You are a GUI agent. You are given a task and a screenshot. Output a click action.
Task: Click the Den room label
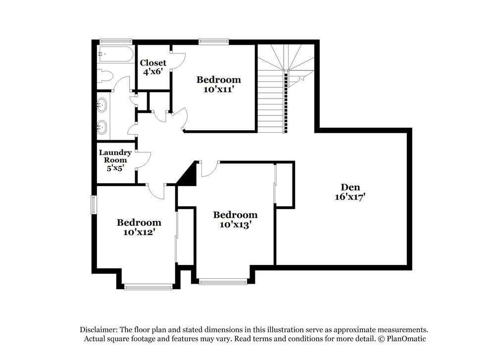pyautogui.click(x=350, y=187)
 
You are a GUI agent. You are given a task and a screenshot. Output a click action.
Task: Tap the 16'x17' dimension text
pyautogui.click(x=350, y=197)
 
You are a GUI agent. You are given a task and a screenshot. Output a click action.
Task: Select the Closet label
pyautogui.click(x=153, y=62)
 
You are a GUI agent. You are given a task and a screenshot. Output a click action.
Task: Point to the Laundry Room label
pyautogui.click(x=115, y=156)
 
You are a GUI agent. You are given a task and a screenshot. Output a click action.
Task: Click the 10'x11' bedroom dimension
pyautogui.click(x=218, y=89)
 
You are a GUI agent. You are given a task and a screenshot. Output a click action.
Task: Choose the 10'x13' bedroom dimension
pyautogui.click(x=235, y=224)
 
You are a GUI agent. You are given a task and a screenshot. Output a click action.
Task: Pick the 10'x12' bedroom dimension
pyautogui.click(x=139, y=232)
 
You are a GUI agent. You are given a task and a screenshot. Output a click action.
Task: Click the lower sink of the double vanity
pyautogui.click(x=101, y=127)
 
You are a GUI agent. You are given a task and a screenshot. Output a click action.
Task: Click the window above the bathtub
pyautogui.click(x=115, y=41)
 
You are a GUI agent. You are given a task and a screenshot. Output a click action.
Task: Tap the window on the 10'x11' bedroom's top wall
pyautogui.click(x=214, y=41)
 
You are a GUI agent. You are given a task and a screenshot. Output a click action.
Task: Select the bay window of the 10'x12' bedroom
pyautogui.click(x=148, y=287)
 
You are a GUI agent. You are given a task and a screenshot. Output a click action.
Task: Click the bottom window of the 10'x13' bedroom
pyautogui.click(x=223, y=281)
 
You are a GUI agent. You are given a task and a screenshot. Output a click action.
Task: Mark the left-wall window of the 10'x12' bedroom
pyautogui.click(x=94, y=205)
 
